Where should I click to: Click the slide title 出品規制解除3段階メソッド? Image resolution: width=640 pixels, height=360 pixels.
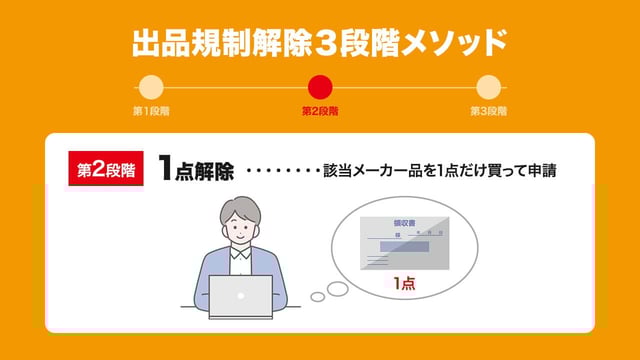[320, 43]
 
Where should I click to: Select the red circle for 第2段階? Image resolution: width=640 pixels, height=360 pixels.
[320, 87]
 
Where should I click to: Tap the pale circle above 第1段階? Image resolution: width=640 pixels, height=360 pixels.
[151, 87]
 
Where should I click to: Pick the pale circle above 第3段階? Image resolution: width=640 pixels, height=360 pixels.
[488, 87]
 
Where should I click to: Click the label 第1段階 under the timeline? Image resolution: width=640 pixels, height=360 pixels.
[151, 111]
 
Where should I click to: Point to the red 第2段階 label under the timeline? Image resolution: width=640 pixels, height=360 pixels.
[320, 111]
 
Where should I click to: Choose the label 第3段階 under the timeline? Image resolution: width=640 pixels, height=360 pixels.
[488, 111]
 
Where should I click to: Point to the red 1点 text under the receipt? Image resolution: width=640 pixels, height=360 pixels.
[404, 285]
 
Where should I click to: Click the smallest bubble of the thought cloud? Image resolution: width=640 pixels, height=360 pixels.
[318, 296]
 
